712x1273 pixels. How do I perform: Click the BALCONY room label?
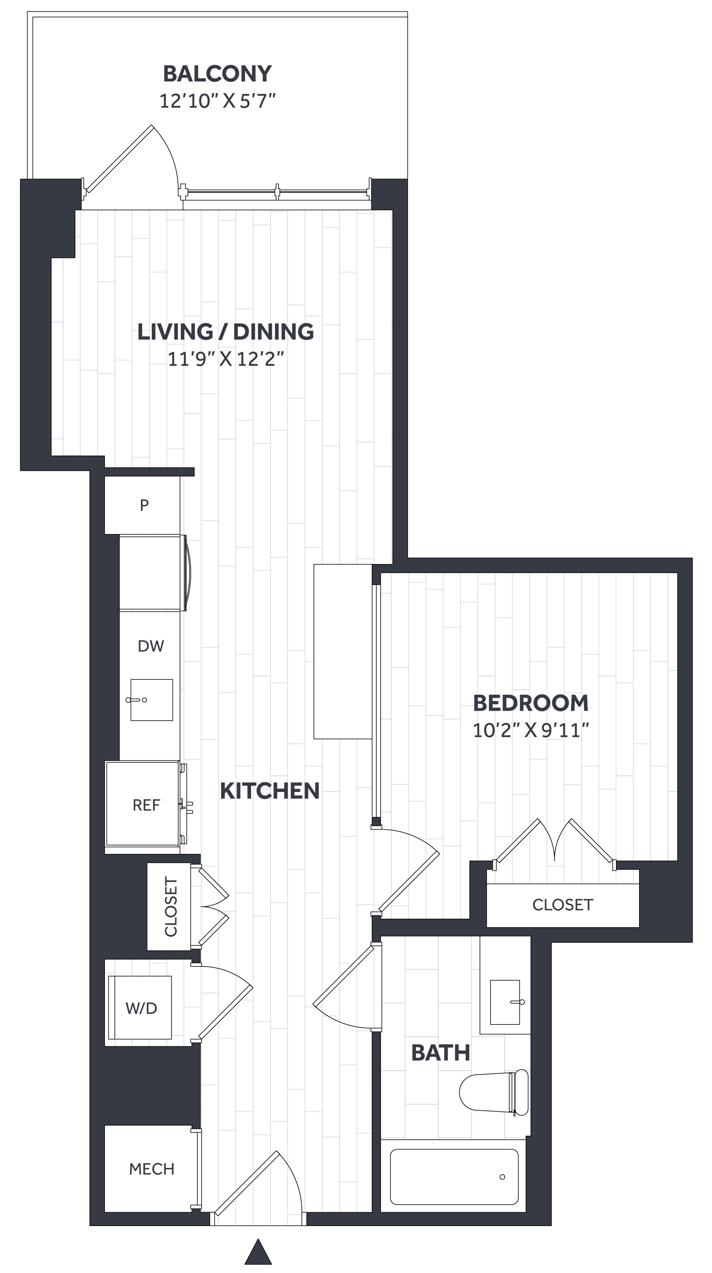[217, 74]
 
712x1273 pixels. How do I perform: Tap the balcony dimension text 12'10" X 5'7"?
[217, 101]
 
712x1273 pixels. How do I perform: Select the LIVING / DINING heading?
[226, 332]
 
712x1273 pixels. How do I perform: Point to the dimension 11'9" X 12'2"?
[226, 359]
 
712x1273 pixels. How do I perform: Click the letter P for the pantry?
[144, 505]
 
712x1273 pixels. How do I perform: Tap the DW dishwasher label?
[151, 646]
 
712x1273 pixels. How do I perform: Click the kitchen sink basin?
[151, 700]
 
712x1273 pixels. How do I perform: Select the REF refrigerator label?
[146, 805]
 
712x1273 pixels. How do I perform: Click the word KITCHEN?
[269, 791]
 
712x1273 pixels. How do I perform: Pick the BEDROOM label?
[531, 703]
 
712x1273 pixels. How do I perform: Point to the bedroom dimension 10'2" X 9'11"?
[531, 730]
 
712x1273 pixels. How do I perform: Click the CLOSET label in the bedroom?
[563, 905]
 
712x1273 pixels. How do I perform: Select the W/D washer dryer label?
[141, 1008]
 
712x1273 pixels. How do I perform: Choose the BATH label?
[441, 1053]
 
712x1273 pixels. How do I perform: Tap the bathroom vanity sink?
[505, 1002]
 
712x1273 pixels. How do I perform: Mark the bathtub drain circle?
[502, 1177]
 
